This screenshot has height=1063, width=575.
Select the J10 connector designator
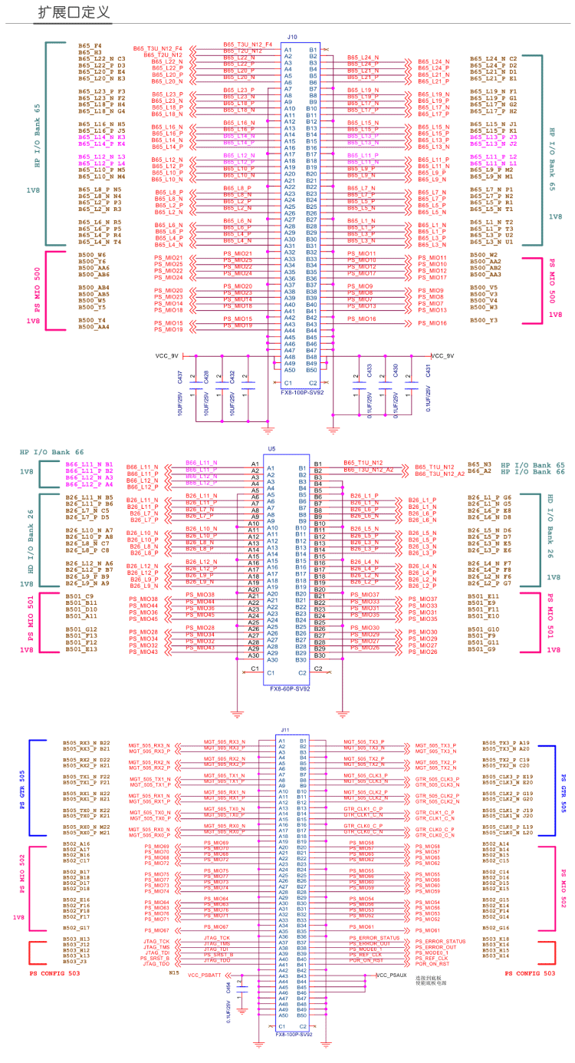[291, 36]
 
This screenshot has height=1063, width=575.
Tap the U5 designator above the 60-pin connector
[271, 448]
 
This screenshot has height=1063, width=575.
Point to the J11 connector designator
[285, 730]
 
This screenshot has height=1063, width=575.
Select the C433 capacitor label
[370, 371]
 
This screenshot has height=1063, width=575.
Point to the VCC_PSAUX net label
[392, 975]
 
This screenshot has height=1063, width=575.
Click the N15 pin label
[174, 972]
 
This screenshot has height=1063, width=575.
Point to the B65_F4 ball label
[90, 45]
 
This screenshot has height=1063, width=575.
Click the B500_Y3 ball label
[484, 320]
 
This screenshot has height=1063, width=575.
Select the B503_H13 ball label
[75, 939]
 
